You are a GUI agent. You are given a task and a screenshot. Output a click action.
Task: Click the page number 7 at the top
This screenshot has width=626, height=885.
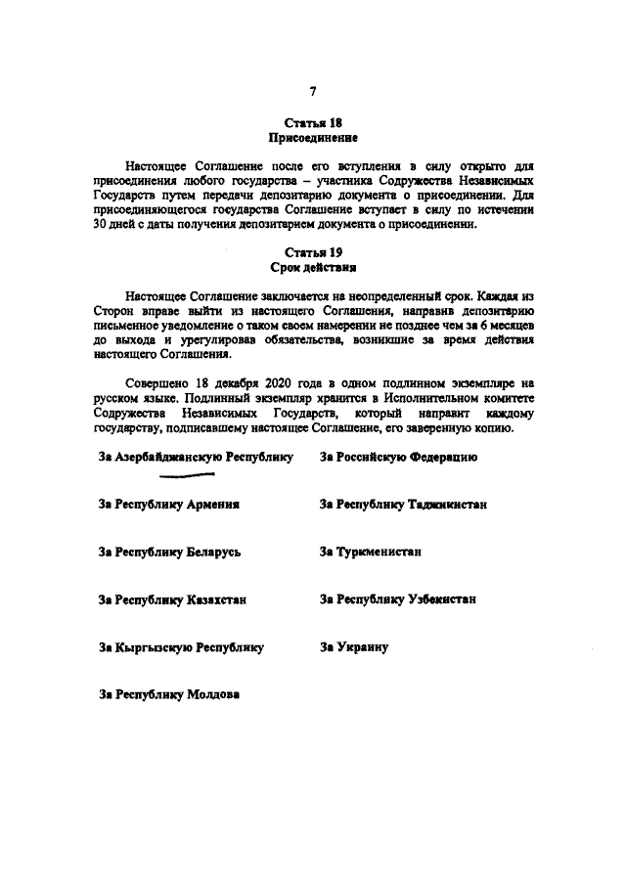pos(313,91)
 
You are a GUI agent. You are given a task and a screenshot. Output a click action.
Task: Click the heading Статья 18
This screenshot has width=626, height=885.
pos(312,123)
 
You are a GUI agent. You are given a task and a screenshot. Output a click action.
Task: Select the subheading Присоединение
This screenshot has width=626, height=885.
pos(312,139)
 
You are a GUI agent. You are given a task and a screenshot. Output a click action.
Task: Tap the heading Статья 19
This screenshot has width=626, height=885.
pos(312,251)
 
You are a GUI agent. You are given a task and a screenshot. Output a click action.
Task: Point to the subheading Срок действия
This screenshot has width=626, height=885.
pos(312,267)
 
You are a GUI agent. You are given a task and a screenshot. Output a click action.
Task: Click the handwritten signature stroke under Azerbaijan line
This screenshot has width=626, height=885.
pos(187,476)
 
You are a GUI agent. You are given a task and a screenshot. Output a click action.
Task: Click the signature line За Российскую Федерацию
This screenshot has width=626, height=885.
pos(398,457)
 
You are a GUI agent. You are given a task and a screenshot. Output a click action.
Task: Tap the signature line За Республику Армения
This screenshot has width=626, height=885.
pos(169,505)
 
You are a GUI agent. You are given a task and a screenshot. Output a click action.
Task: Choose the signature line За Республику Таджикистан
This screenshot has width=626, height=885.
pos(403,505)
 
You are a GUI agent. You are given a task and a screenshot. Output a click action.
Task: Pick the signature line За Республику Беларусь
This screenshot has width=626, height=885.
pos(169,552)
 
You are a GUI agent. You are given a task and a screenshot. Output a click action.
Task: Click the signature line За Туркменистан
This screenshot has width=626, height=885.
pos(371,552)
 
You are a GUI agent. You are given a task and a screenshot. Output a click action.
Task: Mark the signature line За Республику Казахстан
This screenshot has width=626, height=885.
pos(172,599)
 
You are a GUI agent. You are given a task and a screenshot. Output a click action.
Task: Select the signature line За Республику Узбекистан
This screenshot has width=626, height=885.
pos(398,599)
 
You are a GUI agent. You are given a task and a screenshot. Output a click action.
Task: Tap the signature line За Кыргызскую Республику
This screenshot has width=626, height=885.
pos(182,647)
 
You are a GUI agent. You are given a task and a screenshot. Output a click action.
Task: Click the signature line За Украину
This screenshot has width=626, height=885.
pos(354,647)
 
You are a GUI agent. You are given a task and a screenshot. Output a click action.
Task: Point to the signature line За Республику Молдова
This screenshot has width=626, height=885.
pos(169,694)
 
